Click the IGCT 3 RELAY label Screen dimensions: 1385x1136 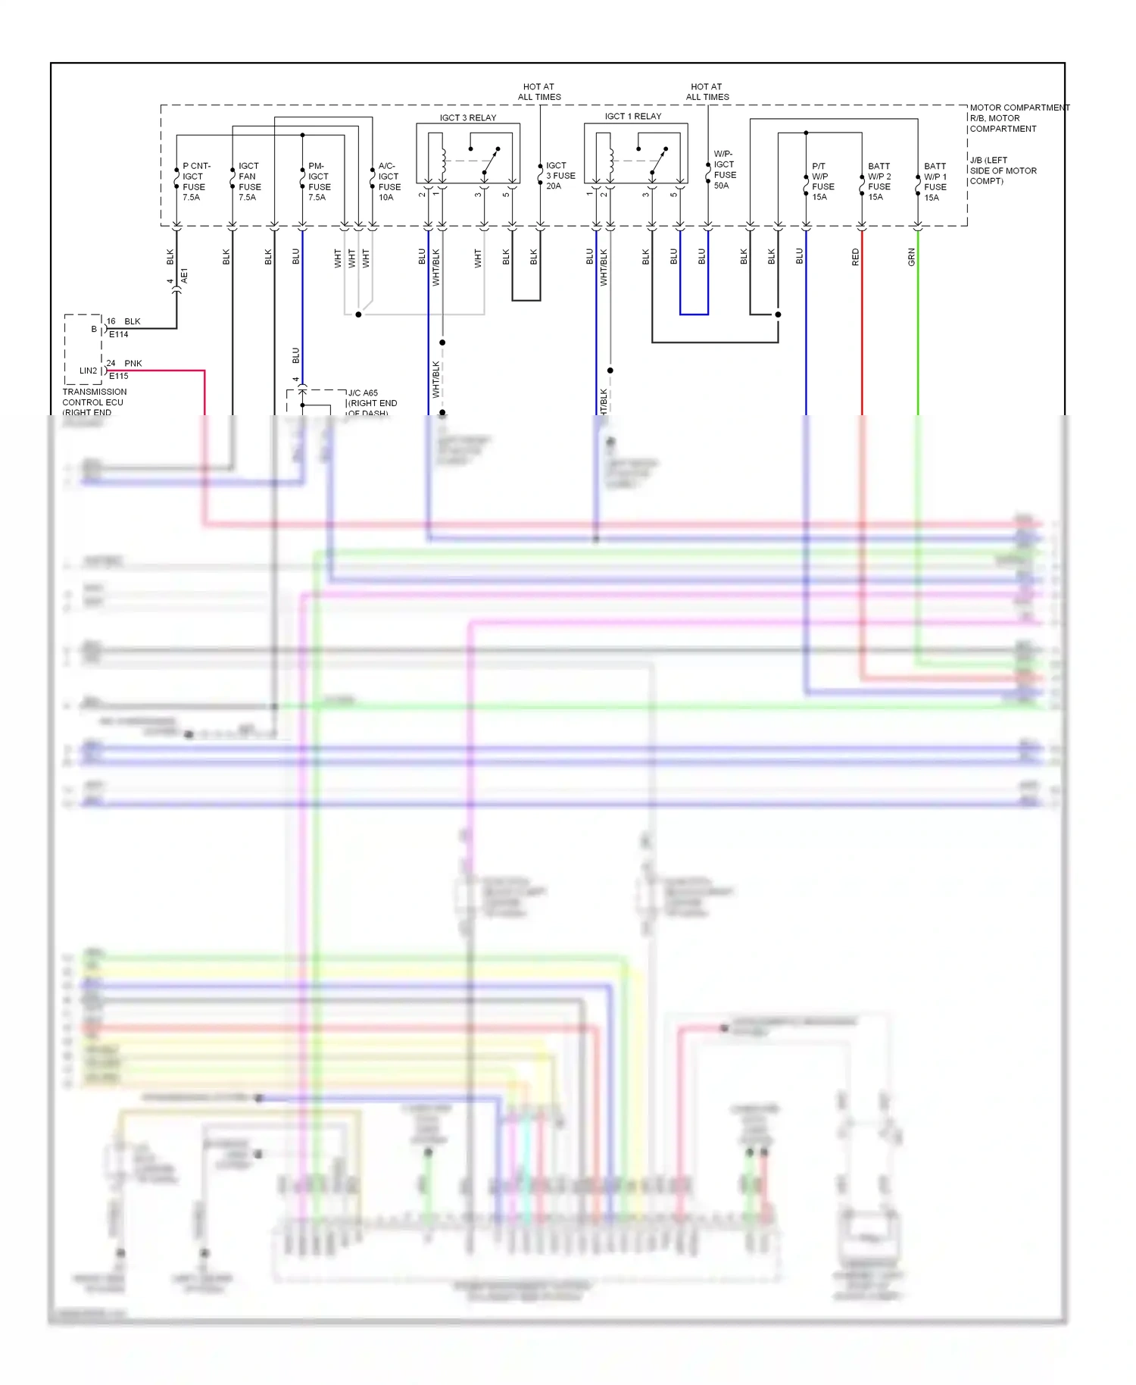point(468,117)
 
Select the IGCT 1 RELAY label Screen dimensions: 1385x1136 point(633,116)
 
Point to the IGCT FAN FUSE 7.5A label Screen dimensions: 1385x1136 point(249,181)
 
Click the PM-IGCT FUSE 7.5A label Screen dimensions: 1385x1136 point(319,181)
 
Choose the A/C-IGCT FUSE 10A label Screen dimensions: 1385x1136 point(389,181)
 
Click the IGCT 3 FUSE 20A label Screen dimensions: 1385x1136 point(560,175)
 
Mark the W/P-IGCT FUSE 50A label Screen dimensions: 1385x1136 point(724,170)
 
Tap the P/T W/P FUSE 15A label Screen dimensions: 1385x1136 point(822,181)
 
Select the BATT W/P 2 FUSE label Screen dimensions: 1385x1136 point(879,181)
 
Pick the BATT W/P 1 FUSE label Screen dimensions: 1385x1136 point(935,181)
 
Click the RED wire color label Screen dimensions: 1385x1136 point(856,257)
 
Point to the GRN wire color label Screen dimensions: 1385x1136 point(912,257)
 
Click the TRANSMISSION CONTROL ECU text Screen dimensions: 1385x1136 point(94,397)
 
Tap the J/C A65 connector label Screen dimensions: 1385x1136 point(363,392)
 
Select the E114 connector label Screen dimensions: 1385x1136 point(119,334)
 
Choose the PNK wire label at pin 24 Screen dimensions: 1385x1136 point(133,363)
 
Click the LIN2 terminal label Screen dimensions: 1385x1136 point(88,370)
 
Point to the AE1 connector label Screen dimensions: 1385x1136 point(184,276)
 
